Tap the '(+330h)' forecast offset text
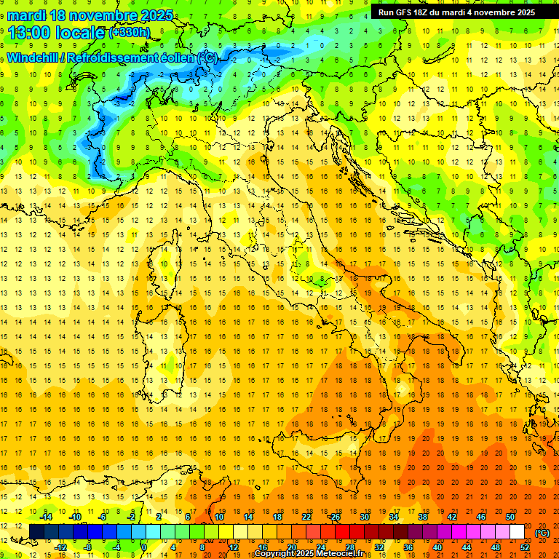(130, 33)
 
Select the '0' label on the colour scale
(143, 547)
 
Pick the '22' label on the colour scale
(306, 517)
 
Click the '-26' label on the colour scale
(335, 517)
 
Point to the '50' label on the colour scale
(510, 517)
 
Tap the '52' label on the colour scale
(525, 547)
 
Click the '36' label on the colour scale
(408, 547)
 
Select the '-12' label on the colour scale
(60, 547)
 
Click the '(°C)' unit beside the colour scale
(542, 532)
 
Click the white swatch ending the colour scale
(517, 532)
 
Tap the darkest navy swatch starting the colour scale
(36, 532)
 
